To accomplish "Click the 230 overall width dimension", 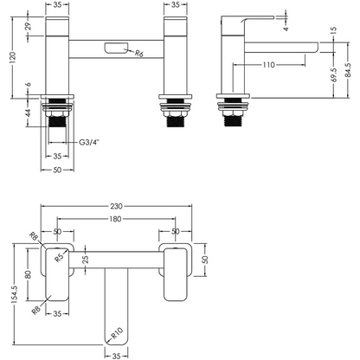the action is [116, 206].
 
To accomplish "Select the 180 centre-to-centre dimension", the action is [115, 219].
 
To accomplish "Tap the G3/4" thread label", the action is [89, 142].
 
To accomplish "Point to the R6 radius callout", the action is [139, 54].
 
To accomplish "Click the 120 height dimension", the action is [13, 58].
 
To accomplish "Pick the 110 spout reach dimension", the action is [268, 65].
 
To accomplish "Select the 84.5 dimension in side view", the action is [348, 70].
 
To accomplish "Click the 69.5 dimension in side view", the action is [334, 75].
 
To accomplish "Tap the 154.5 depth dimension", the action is [15, 294].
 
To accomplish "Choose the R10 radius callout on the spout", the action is [117, 333].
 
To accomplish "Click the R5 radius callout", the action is [59, 258].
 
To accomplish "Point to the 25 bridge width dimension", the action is [86, 260].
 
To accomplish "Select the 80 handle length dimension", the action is [29, 274].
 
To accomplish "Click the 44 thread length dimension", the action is [28, 113].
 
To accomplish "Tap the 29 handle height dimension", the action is [28, 27].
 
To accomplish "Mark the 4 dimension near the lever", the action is [286, 29].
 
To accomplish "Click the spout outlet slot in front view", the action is [117, 48].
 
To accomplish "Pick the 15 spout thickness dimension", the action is [334, 30].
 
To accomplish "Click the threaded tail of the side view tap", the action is [233, 120].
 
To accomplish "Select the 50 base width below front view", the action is [57, 170].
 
